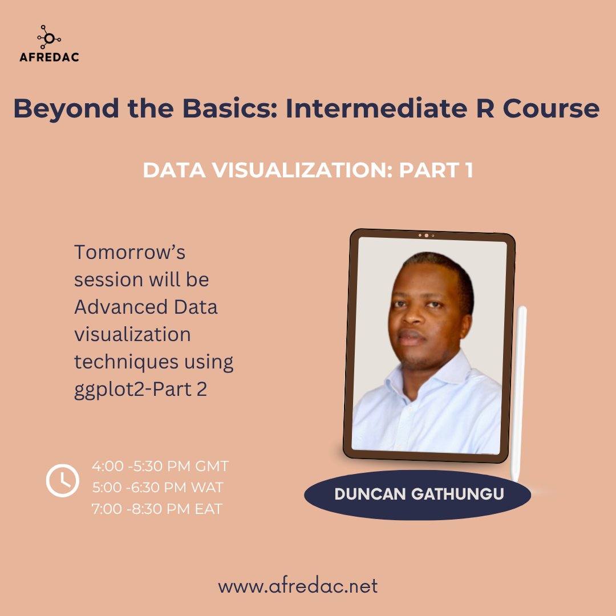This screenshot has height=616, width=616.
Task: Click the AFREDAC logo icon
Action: click(48, 38)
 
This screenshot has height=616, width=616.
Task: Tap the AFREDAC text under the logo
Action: click(48, 56)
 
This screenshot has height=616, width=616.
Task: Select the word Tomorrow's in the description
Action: click(129, 252)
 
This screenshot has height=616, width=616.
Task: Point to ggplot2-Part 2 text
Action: click(140, 390)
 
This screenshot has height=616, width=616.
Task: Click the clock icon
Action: click(63, 481)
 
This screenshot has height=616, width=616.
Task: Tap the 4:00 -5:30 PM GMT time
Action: click(160, 466)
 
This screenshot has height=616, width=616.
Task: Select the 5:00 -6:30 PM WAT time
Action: click(157, 488)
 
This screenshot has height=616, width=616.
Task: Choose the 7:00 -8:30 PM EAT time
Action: click(157, 509)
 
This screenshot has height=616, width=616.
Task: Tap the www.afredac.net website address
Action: click(298, 586)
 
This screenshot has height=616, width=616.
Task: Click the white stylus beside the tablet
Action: click(519, 394)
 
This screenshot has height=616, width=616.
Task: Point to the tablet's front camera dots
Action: click(426, 235)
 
